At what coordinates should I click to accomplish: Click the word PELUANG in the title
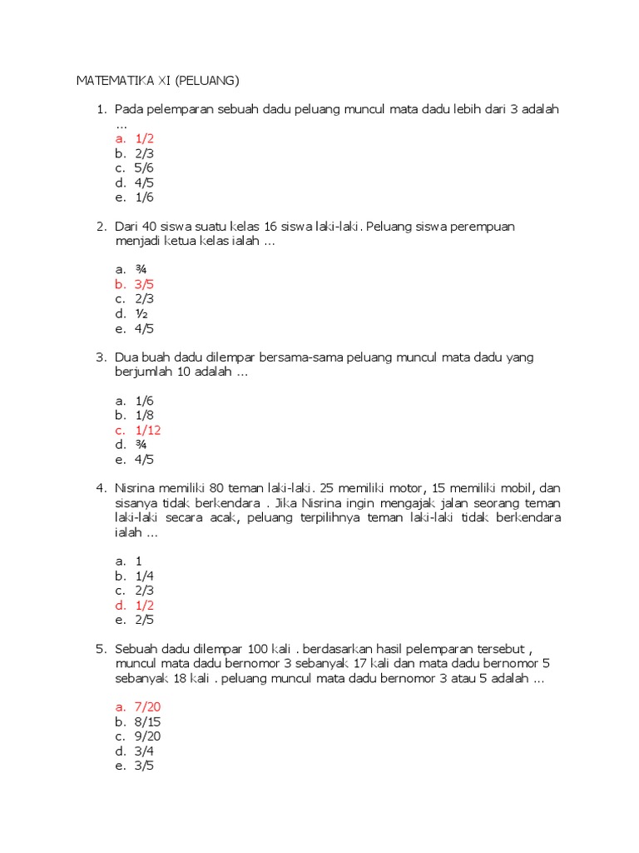(207, 81)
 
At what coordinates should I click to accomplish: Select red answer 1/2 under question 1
(145, 138)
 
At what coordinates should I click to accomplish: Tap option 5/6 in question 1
(145, 167)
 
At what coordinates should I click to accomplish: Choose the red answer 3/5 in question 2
(145, 284)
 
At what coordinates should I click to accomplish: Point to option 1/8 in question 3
(145, 415)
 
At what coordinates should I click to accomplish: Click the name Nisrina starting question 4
(138, 487)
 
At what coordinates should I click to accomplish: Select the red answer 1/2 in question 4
(145, 605)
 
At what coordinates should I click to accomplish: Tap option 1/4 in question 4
(145, 576)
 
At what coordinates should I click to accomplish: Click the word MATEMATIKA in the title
(114, 81)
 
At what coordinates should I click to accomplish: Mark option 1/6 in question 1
(145, 197)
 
